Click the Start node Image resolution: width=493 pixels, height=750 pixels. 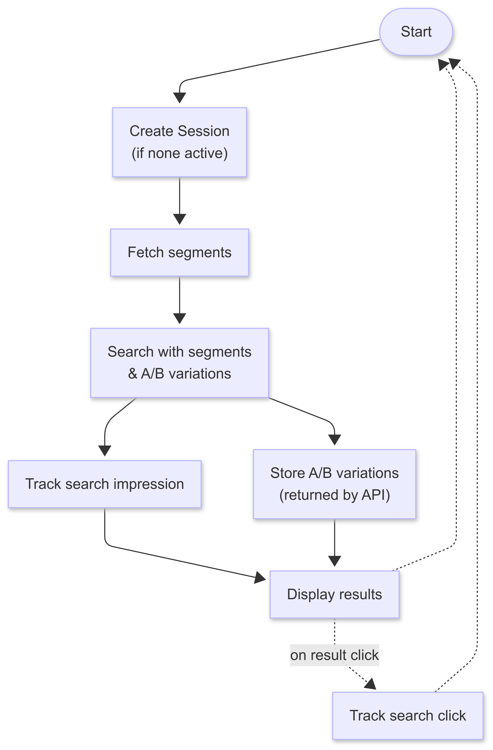tap(416, 32)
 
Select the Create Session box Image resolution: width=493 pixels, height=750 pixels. tap(179, 142)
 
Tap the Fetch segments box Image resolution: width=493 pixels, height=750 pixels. tap(179, 252)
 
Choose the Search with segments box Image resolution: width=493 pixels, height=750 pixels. tap(179, 363)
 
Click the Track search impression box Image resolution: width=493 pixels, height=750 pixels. tap(104, 484)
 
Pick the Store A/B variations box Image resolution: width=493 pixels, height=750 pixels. tap(334, 484)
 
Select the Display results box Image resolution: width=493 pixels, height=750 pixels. tap(334, 594)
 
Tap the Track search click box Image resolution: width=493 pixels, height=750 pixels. tap(408, 716)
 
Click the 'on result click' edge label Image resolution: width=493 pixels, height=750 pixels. tap(334, 655)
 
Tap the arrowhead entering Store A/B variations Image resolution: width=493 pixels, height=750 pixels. tap(335, 440)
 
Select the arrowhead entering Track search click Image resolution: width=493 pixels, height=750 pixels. tap(371, 684)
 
